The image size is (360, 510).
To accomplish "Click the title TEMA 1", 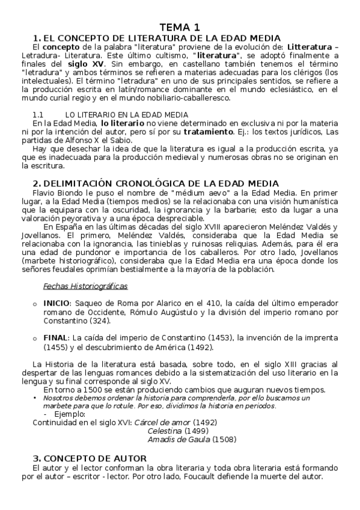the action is pos(180,27).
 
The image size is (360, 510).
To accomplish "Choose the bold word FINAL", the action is pos(54,339).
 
